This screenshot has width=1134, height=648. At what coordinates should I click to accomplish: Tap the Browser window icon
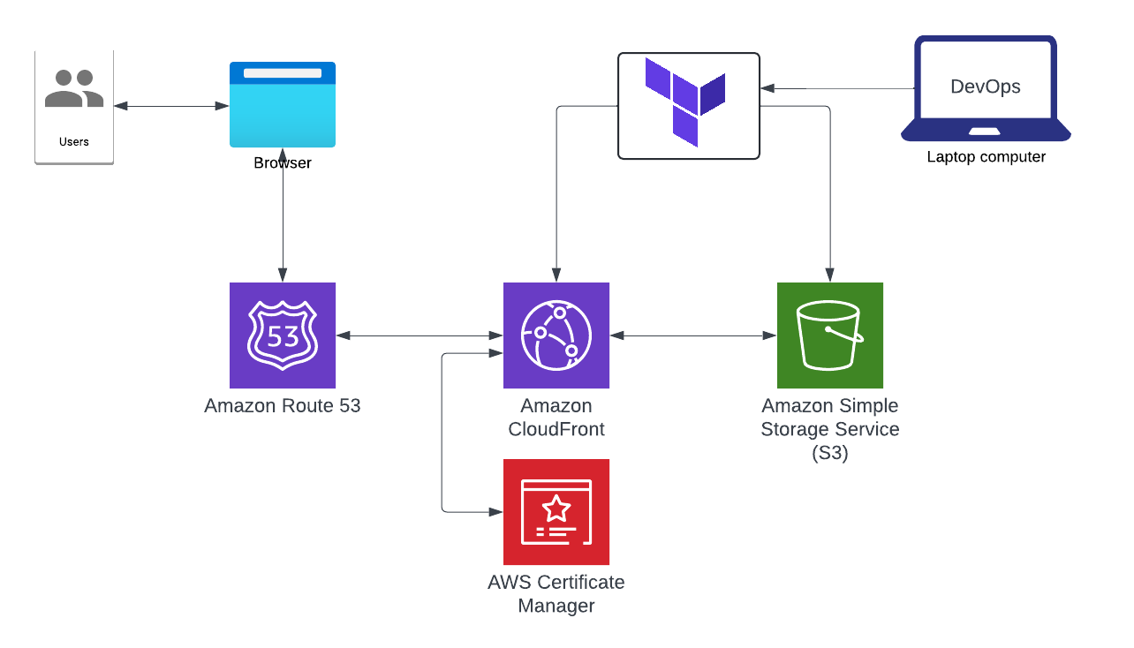point(283,104)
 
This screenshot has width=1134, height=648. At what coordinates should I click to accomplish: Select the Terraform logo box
point(689,106)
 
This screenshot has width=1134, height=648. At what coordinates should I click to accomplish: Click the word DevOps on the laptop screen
point(986,87)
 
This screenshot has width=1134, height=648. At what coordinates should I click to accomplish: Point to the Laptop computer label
point(986,157)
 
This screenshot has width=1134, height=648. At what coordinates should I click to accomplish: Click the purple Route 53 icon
point(283,335)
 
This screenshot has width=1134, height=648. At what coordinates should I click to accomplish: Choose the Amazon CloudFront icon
point(556,335)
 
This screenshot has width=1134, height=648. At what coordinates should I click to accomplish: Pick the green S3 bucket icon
point(830,335)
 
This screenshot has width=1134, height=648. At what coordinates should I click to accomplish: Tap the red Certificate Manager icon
point(556,512)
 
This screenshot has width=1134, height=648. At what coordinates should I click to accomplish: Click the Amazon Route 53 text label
point(283,406)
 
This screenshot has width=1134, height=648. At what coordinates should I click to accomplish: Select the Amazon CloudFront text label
point(556,418)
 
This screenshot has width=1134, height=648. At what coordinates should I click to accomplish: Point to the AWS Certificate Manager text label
point(556,594)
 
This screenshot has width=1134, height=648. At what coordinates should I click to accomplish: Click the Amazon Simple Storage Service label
point(830,429)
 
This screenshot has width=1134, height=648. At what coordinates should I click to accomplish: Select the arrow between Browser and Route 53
point(283,221)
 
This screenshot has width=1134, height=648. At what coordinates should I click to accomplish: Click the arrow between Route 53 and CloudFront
point(420,335)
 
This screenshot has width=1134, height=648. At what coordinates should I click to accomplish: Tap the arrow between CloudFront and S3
point(693,335)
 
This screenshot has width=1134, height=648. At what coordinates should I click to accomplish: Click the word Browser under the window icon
point(283,163)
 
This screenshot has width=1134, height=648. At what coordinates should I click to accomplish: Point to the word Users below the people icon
point(74,141)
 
